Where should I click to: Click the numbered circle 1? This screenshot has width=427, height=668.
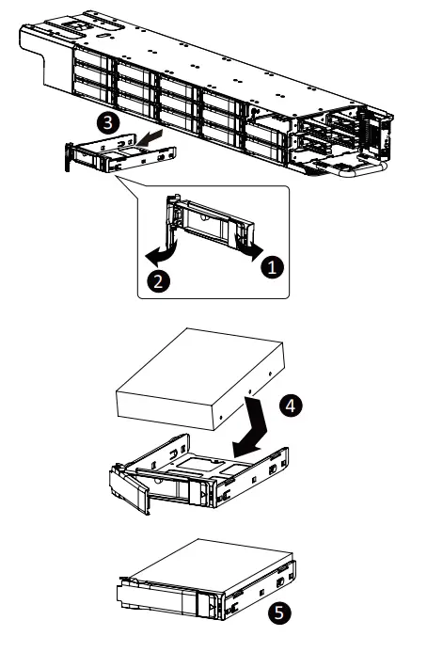(272, 266)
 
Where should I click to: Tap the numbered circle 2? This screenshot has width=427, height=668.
(158, 281)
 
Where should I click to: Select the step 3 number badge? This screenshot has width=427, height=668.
(108, 122)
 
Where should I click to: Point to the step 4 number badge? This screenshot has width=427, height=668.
(291, 406)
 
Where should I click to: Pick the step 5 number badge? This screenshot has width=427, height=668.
(279, 612)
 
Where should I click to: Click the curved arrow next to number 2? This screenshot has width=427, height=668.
(162, 252)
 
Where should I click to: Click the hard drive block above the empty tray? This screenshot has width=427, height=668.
(200, 378)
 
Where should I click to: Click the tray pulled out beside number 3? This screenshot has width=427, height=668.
(120, 153)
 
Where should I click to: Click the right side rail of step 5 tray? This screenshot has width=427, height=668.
(260, 590)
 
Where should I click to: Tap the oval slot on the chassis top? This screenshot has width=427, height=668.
(103, 36)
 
